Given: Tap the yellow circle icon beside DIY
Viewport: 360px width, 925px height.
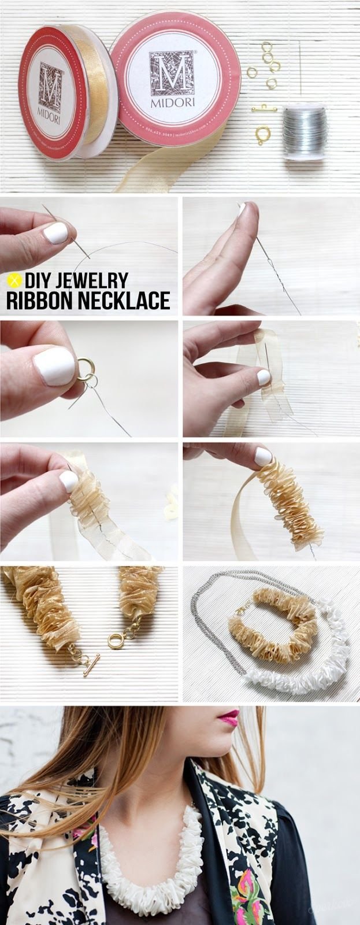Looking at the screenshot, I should coord(13,281).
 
